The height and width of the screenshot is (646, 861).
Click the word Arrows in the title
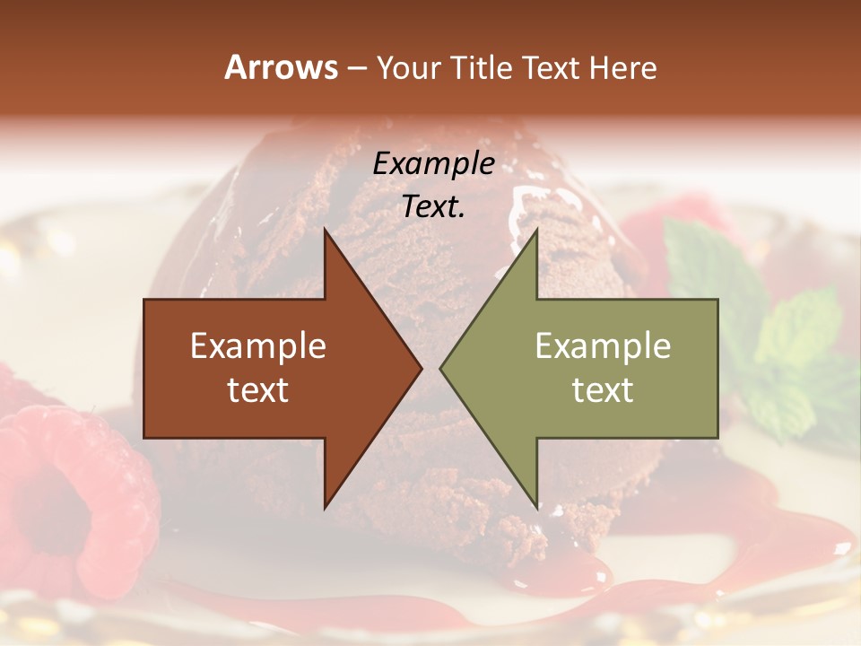[x=281, y=67]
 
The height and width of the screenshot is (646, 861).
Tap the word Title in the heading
[x=484, y=67]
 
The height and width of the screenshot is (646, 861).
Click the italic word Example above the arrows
[x=433, y=164]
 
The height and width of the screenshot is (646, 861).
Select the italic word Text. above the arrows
[x=433, y=207]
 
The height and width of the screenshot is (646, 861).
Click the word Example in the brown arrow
[x=258, y=345]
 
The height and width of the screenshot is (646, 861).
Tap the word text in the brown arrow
[x=258, y=389]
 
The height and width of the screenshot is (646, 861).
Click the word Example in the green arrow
[x=603, y=345]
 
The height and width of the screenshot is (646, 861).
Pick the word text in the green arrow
[x=603, y=389]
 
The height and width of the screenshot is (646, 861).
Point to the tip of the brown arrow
[x=422, y=368]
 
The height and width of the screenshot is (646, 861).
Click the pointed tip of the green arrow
[x=440, y=368]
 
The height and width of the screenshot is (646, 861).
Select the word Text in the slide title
[x=554, y=67]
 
